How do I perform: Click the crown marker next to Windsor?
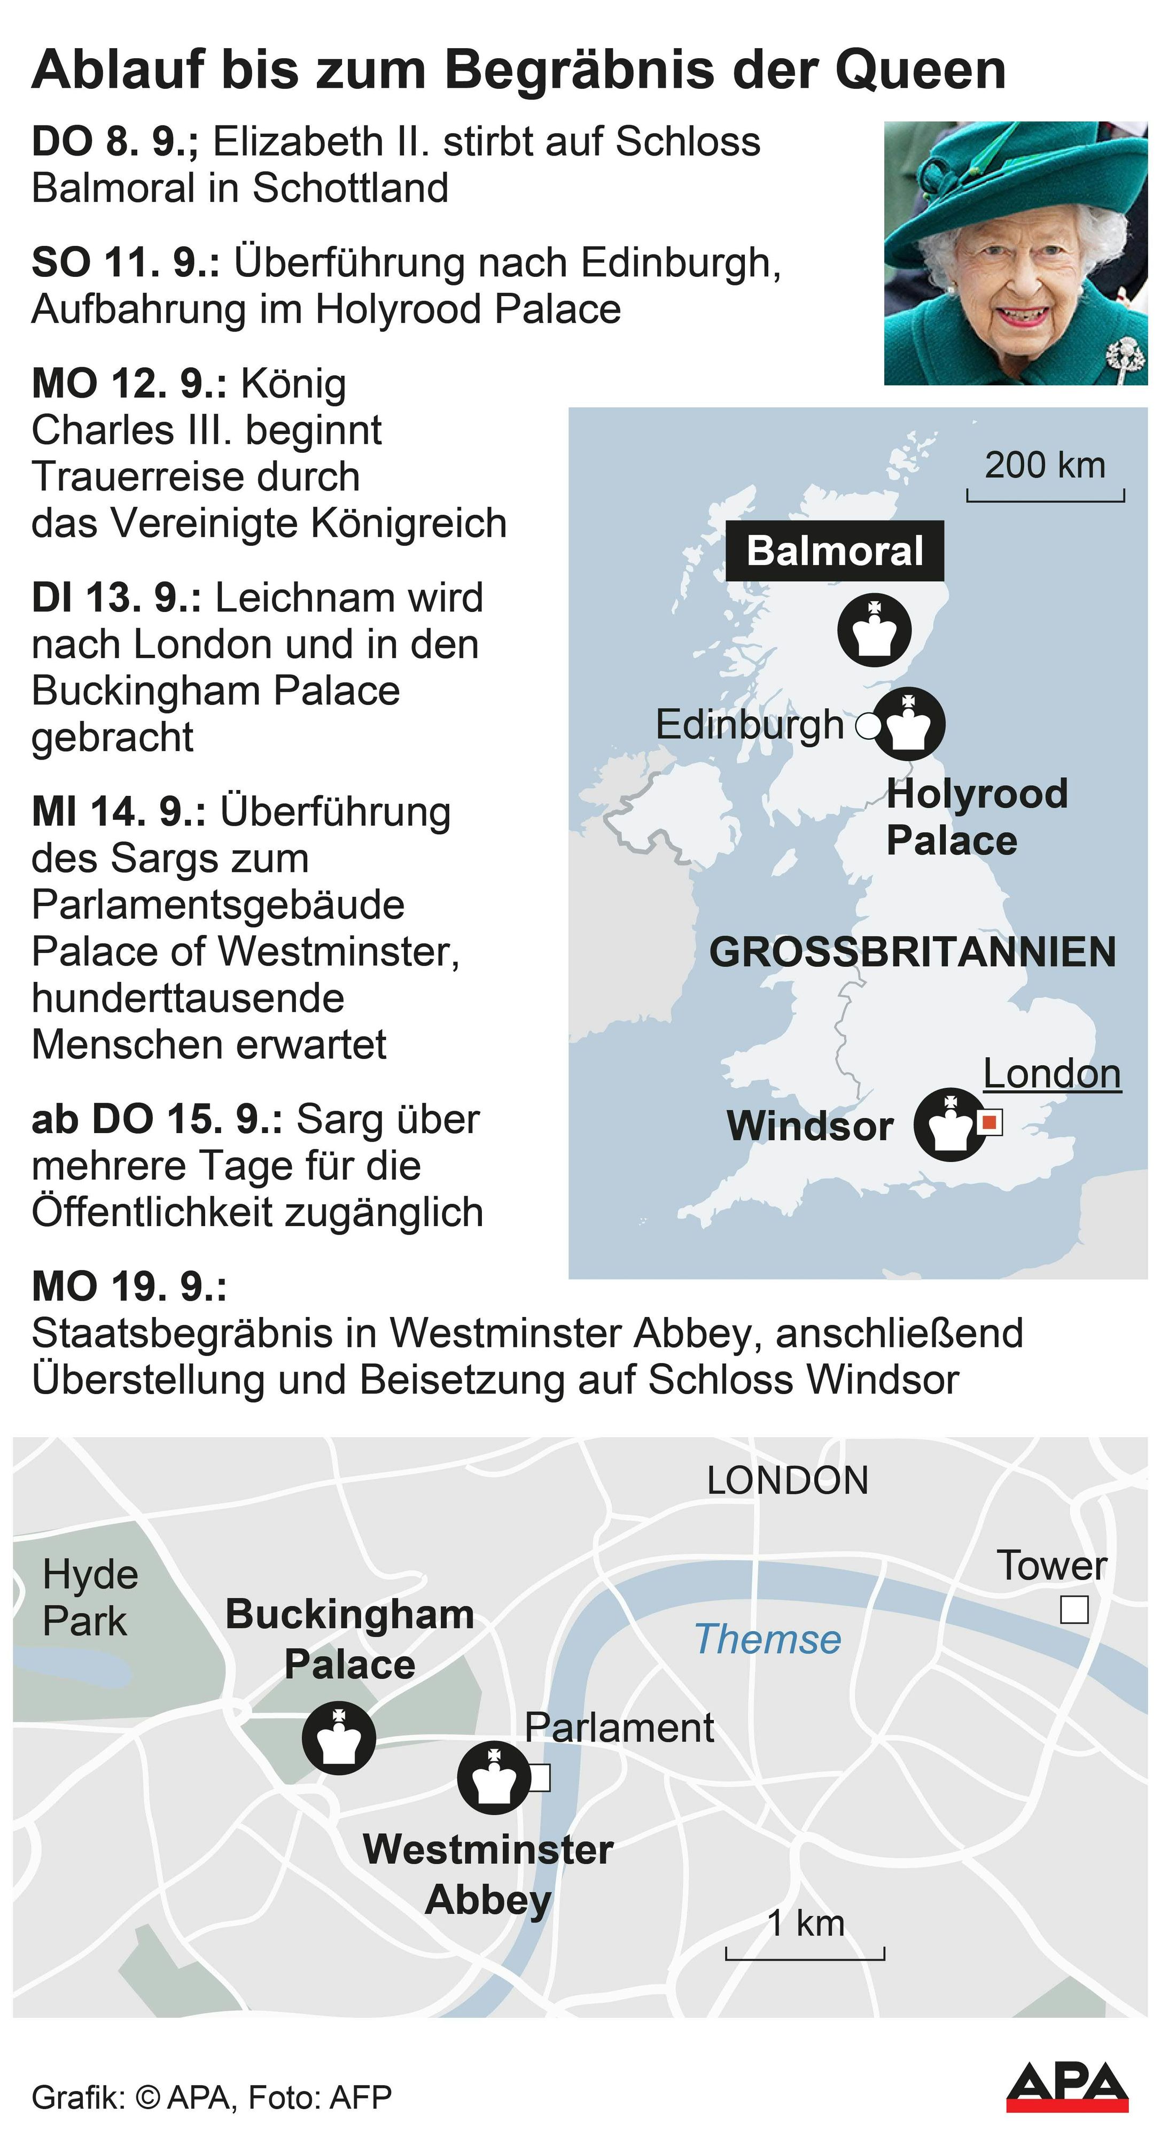[949, 1123]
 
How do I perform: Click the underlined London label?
[1051, 1074]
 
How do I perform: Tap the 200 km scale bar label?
[1045, 466]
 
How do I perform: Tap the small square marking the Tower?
[1074, 1610]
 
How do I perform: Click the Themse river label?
[768, 1640]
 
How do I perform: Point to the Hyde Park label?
[90, 1597]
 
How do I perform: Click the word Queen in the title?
[921, 69]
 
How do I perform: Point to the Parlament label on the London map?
[619, 1728]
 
